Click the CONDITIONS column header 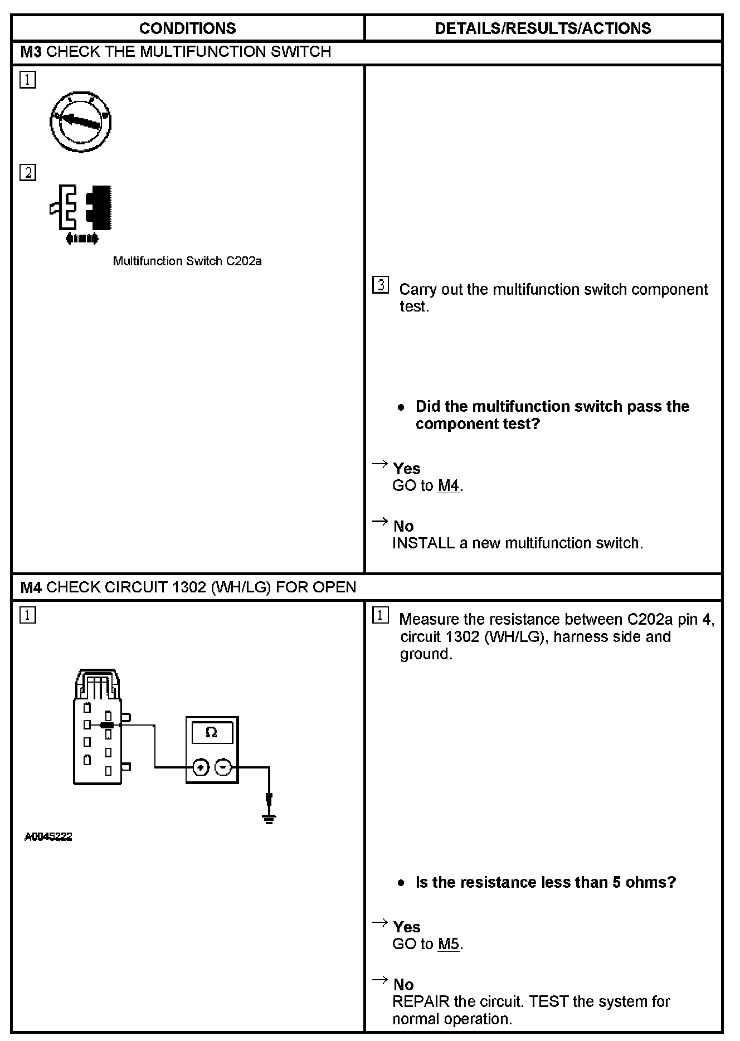(x=187, y=28)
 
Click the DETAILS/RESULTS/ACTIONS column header (x=543, y=28)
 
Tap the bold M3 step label (x=31, y=52)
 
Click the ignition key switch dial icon (x=81, y=122)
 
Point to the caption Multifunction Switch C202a (x=187, y=261)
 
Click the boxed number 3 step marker (x=380, y=286)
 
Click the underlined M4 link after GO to (x=449, y=486)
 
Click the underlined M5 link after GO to (x=449, y=944)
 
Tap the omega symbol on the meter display (x=211, y=732)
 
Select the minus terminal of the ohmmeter (x=223, y=768)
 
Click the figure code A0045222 (x=48, y=837)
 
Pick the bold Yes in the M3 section (x=407, y=469)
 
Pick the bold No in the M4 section (x=403, y=985)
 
